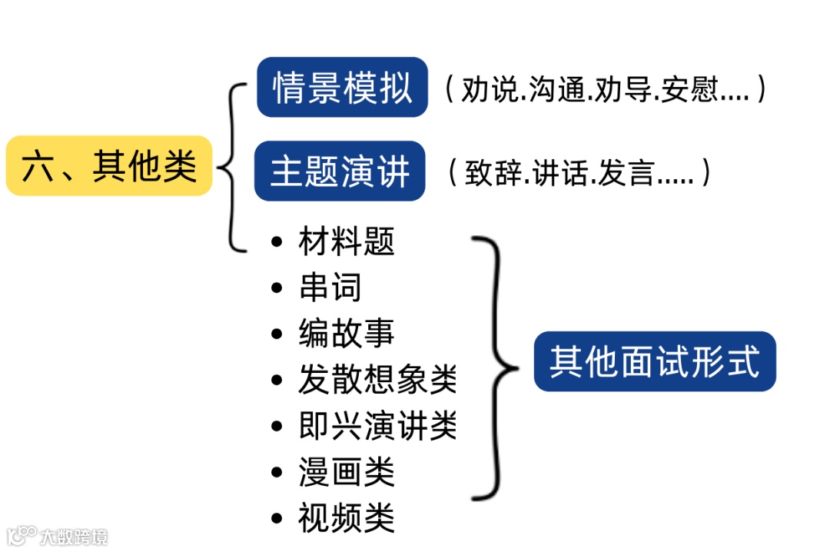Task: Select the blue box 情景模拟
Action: pyautogui.click(x=342, y=87)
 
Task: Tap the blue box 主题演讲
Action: pyautogui.click(x=340, y=171)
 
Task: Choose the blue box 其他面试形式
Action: pyautogui.click(x=655, y=361)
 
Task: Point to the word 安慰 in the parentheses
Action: pyautogui.click(x=692, y=90)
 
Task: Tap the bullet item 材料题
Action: pyautogui.click(x=347, y=241)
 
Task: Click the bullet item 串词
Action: pyautogui.click(x=330, y=288)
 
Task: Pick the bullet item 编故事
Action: pyautogui.click(x=347, y=334)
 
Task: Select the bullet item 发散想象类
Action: pyautogui.click(x=377, y=380)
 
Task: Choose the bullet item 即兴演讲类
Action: pyautogui.click(x=377, y=426)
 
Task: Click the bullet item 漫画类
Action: pyautogui.click(x=347, y=472)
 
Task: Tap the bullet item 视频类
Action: pyautogui.click(x=347, y=518)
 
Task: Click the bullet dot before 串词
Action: pyautogui.click(x=277, y=288)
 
